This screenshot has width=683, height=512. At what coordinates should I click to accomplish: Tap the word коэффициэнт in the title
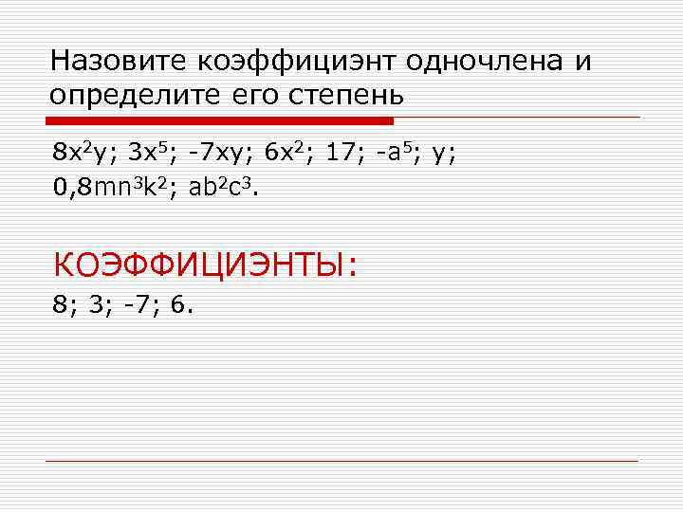[297, 62]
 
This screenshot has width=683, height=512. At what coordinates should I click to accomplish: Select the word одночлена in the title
[484, 62]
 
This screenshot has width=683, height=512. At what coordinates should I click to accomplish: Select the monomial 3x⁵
[152, 153]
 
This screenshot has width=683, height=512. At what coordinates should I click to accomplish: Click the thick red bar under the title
[219, 120]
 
